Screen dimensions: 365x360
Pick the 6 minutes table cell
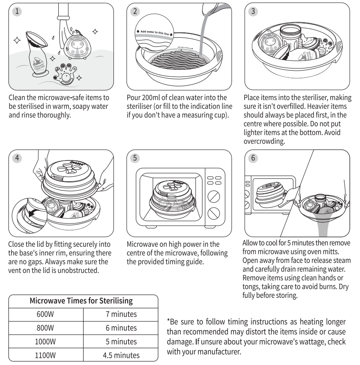[x=121, y=329]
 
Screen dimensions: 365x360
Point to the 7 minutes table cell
[x=121, y=315]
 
